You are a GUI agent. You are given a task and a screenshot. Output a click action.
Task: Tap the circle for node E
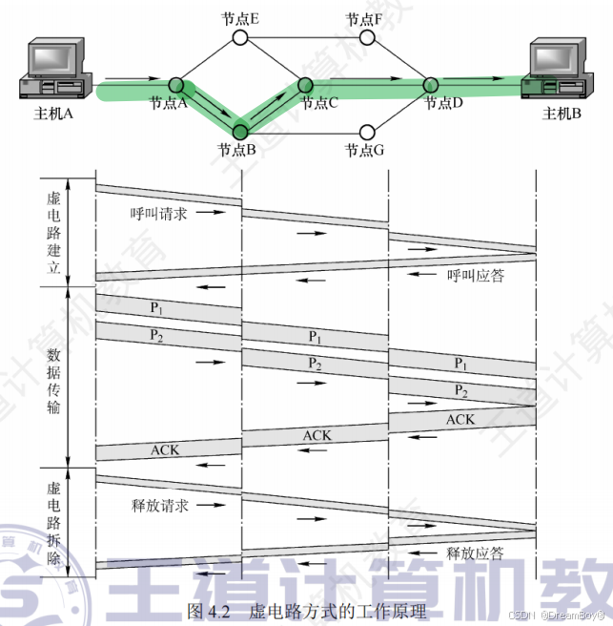(x=239, y=38)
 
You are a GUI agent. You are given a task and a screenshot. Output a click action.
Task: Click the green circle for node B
(x=239, y=133)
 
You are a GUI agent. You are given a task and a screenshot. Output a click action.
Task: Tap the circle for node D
(x=430, y=86)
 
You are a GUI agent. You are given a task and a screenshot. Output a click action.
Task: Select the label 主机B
(x=562, y=115)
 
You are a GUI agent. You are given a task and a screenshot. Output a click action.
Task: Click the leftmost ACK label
(x=165, y=449)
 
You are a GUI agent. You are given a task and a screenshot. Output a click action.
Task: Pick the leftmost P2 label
(x=158, y=335)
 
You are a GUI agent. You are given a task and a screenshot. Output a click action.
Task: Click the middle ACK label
(x=317, y=435)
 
